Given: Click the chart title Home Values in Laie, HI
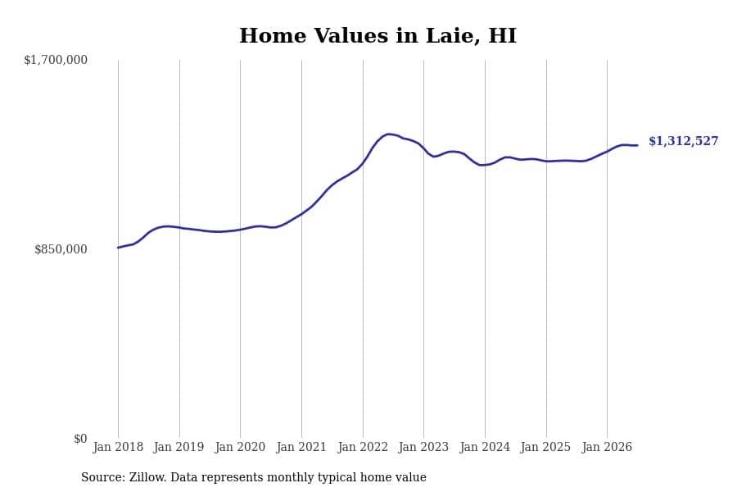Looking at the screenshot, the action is (378, 36).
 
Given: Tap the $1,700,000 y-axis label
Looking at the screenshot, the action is (56, 60).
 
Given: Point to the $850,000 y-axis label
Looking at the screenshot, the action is (61, 249).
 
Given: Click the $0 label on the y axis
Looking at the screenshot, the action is (80, 439).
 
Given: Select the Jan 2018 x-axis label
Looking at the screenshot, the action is (118, 447).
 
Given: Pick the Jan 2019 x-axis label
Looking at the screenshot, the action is (179, 447).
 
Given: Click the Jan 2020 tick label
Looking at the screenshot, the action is (240, 447).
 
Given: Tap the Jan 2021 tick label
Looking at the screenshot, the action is (301, 447).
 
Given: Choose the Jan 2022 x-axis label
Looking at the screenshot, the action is (363, 447).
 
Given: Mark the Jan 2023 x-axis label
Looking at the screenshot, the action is (423, 447).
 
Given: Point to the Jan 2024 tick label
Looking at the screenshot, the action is (485, 447).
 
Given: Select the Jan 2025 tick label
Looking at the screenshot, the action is (545, 447).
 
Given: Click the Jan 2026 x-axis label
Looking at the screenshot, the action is (607, 447).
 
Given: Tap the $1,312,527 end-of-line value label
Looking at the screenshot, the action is (684, 141).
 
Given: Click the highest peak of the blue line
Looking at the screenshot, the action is (388, 134).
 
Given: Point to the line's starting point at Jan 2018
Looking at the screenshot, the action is (118, 248).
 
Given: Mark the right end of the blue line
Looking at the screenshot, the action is (637, 145).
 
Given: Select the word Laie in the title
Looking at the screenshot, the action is (453, 36).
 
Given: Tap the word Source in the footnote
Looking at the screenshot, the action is (102, 477).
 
